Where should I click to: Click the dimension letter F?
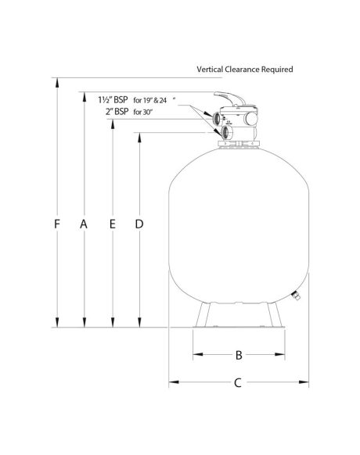(x=57, y=224)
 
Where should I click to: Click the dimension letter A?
(x=84, y=224)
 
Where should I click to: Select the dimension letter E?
(x=113, y=224)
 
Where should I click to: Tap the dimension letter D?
(x=139, y=224)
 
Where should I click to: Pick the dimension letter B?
(x=239, y=355)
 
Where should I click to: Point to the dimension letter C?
(x=238, y=383)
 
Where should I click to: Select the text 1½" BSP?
(x=113, y=100)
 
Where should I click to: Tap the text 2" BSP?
(x=117, y=112)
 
